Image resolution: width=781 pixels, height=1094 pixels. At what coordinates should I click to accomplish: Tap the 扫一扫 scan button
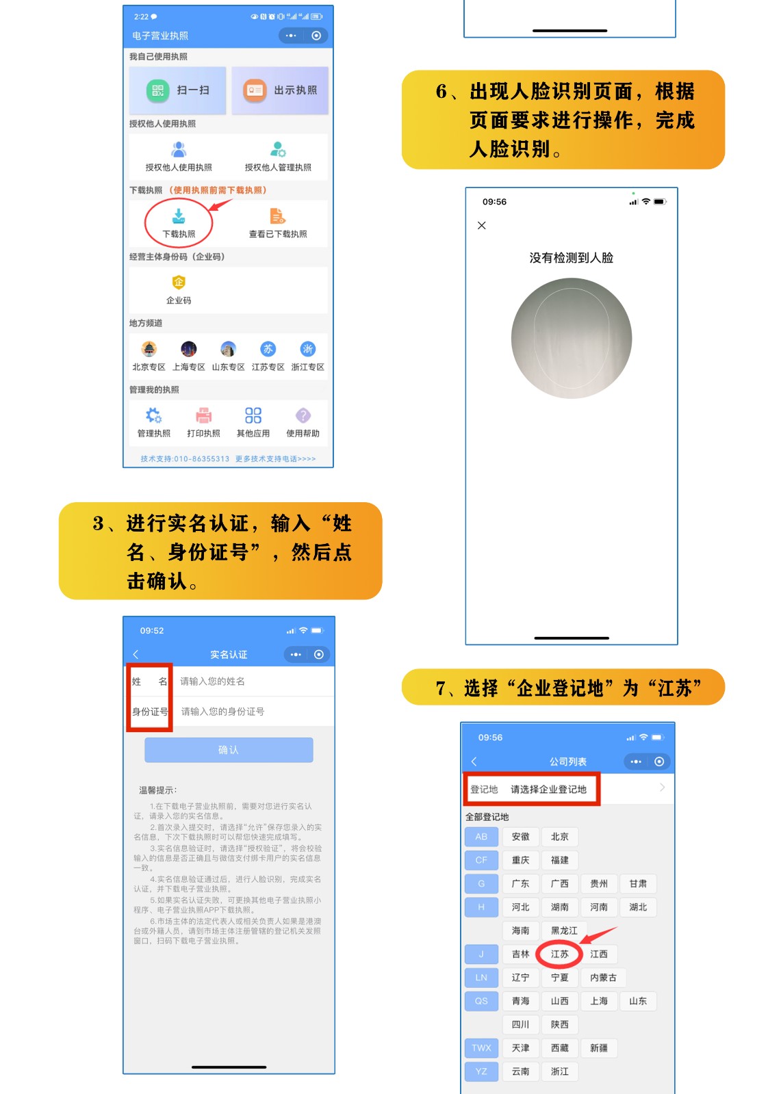178,90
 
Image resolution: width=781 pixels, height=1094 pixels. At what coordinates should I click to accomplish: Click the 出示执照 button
281,90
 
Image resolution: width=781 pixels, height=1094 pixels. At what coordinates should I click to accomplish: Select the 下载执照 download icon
179,217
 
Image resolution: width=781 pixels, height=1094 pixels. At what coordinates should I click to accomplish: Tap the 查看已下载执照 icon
277,217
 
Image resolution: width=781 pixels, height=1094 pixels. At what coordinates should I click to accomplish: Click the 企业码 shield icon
179,283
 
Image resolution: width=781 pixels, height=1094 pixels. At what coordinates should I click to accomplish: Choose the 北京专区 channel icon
149,350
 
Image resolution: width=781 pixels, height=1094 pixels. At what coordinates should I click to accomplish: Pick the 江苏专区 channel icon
268,350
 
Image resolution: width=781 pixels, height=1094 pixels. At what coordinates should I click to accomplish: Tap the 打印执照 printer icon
203,416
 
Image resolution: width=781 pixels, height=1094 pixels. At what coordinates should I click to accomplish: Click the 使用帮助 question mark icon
303,416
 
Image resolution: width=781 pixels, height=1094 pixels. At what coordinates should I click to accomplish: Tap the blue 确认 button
229,750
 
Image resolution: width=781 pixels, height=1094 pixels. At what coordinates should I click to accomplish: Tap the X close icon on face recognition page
482,226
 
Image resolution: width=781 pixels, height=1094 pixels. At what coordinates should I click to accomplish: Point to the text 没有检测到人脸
571,258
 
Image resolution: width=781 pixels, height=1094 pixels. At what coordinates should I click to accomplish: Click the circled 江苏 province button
559,954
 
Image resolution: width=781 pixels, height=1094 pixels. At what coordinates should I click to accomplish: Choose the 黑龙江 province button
564,930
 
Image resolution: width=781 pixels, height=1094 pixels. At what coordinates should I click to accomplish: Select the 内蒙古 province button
603,978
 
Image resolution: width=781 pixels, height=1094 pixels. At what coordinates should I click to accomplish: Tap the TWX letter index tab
481,1047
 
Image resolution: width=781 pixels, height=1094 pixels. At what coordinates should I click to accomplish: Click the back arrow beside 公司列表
474,761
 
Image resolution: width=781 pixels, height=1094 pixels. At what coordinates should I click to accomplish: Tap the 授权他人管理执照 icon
278,150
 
